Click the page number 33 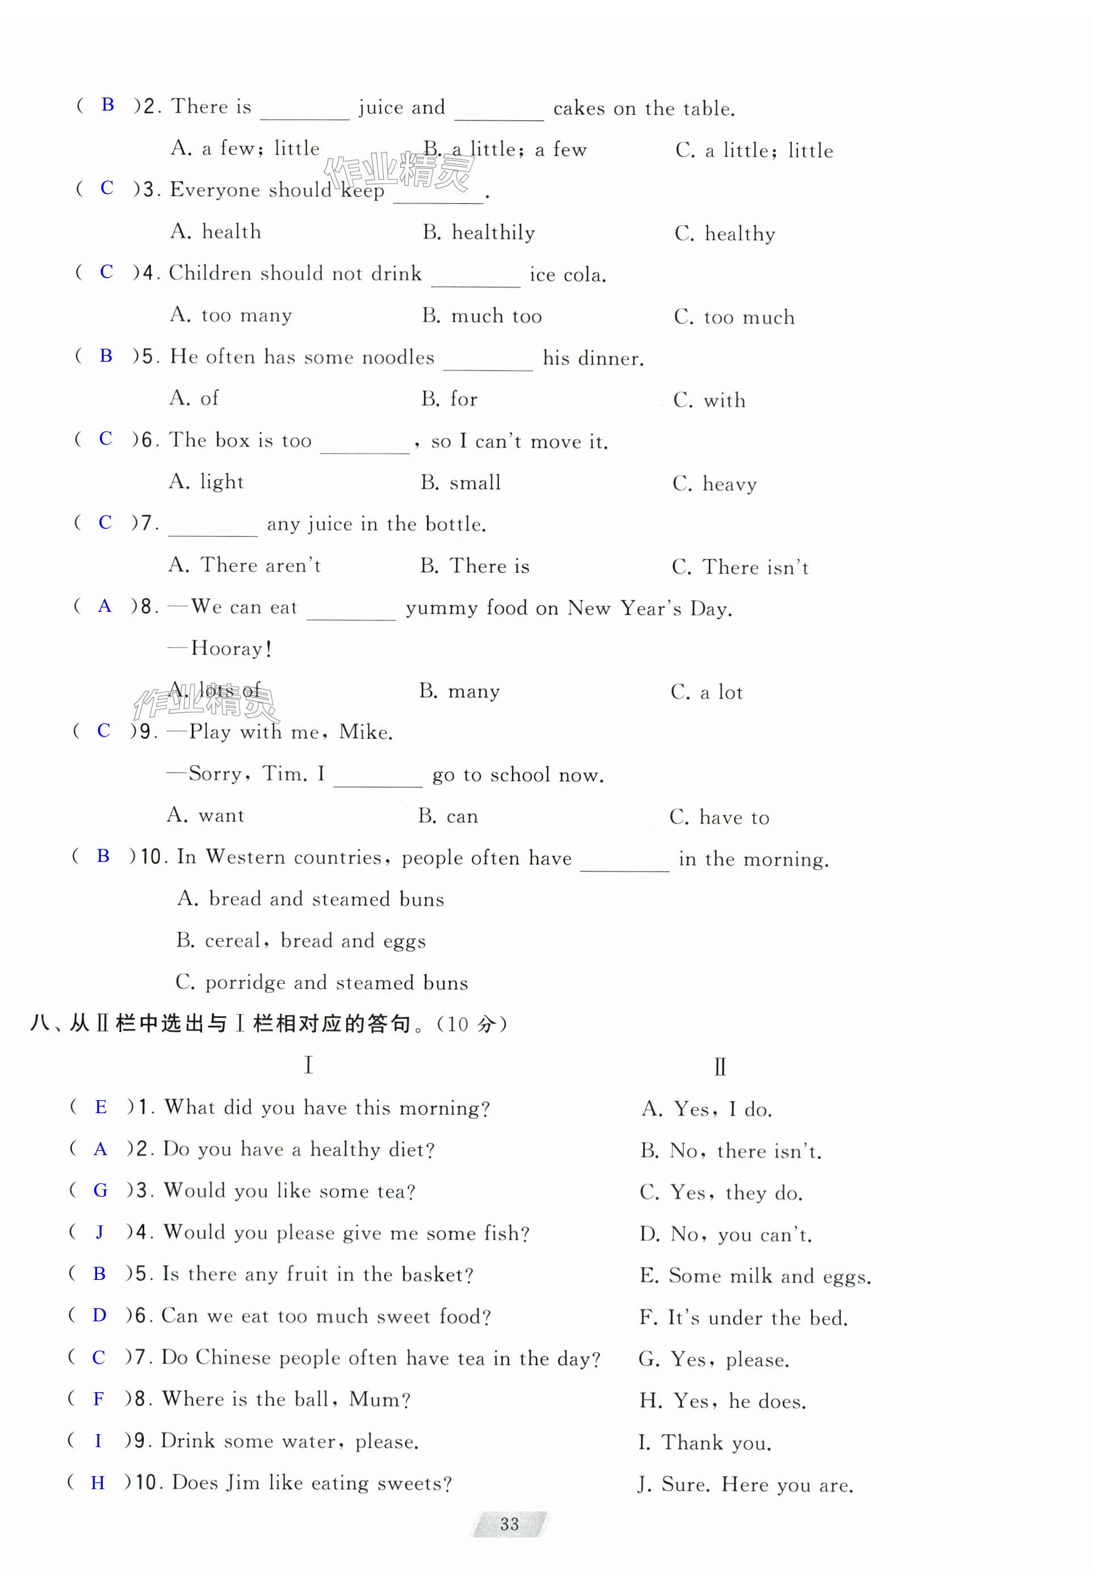point(509,1524)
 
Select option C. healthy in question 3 point(725,234)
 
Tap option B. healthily point(479,233)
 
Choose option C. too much point(735,317)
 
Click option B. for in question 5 point(449,399)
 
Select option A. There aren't point(245,565)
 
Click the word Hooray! point(230,648)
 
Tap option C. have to point(719,817)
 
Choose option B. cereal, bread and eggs point(300,941)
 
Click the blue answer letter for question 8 point(104,606)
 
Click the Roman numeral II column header point(720,1067)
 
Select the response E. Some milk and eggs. point(755,1276)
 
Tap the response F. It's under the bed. point(743,1318)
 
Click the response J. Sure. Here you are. point(745,1484)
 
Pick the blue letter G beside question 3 point(100,1190)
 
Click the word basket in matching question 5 point(437,1274)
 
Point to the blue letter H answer point(98,1482)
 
